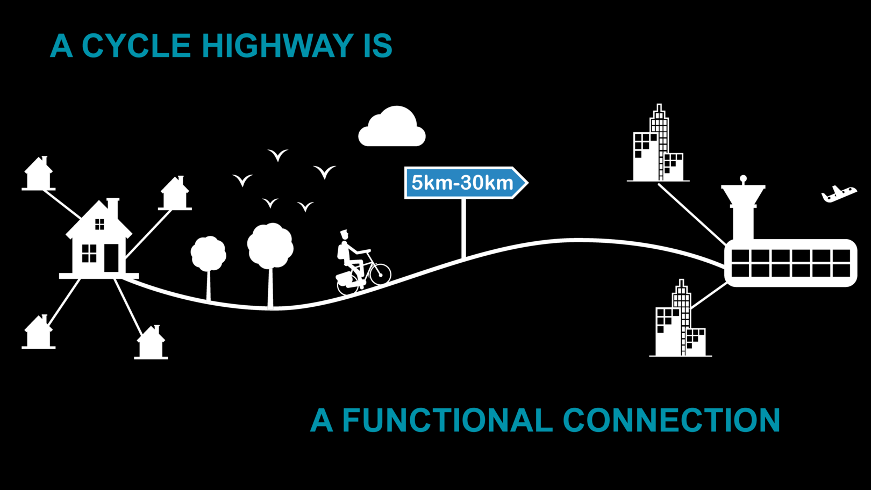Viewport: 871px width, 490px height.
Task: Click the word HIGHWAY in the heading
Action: [x=277, y=46]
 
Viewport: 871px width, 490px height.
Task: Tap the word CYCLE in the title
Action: [x=136, y=46]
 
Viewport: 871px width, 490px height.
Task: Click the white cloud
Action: [x=393, y=129]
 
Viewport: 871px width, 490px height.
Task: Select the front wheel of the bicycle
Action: [x=380, y=274]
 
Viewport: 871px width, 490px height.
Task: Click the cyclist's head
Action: [x=344, y=235]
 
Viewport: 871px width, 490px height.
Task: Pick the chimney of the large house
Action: [x=113, y=208]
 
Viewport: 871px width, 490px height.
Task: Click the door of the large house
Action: [x=111, y=258]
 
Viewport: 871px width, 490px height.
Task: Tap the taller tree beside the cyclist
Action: [x=270, y=247]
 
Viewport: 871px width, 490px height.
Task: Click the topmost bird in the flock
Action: [x=277, y=155]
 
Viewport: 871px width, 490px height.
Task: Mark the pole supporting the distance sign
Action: [x=463, y=228]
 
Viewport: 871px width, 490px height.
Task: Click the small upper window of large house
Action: [x=99, y=224]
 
